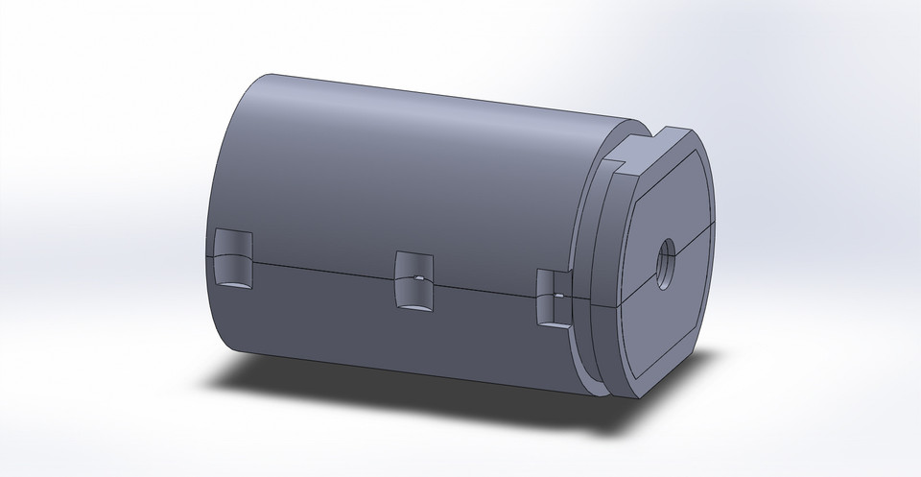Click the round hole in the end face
pyautogui.click(x=664, y=258)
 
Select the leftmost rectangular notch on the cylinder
pyautogui.click(x=233, y=260)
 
